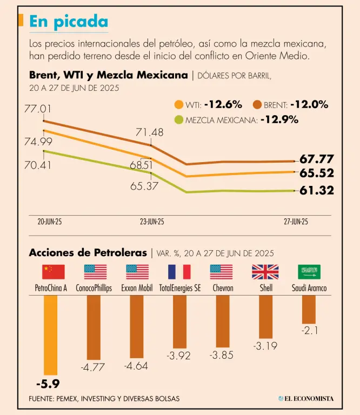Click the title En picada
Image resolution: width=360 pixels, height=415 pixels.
tap(68, 22)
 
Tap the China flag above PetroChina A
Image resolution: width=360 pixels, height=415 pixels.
tap(53, 272)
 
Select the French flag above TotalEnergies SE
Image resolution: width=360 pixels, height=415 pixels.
tap(179, 272)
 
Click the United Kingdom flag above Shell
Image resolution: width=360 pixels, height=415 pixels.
tap(265, 272)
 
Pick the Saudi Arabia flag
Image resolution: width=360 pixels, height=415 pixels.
tap(309, 272)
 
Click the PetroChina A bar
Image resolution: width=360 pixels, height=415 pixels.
tap(50, 336)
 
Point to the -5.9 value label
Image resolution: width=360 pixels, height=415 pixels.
tap(48, 385)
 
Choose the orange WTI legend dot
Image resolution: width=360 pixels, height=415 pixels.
tap(178, 105)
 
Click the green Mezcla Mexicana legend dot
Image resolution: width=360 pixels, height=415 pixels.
tap(178, 120)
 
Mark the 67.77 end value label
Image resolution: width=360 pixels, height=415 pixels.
tap(317, 159)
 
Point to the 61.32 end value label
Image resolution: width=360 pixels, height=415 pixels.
tap(317, 190)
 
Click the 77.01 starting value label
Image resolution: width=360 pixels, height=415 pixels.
tap(37, 109)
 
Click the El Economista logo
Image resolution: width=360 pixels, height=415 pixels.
tap(306, 399)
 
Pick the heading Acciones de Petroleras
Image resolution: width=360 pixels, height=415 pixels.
tap(88, 252)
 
